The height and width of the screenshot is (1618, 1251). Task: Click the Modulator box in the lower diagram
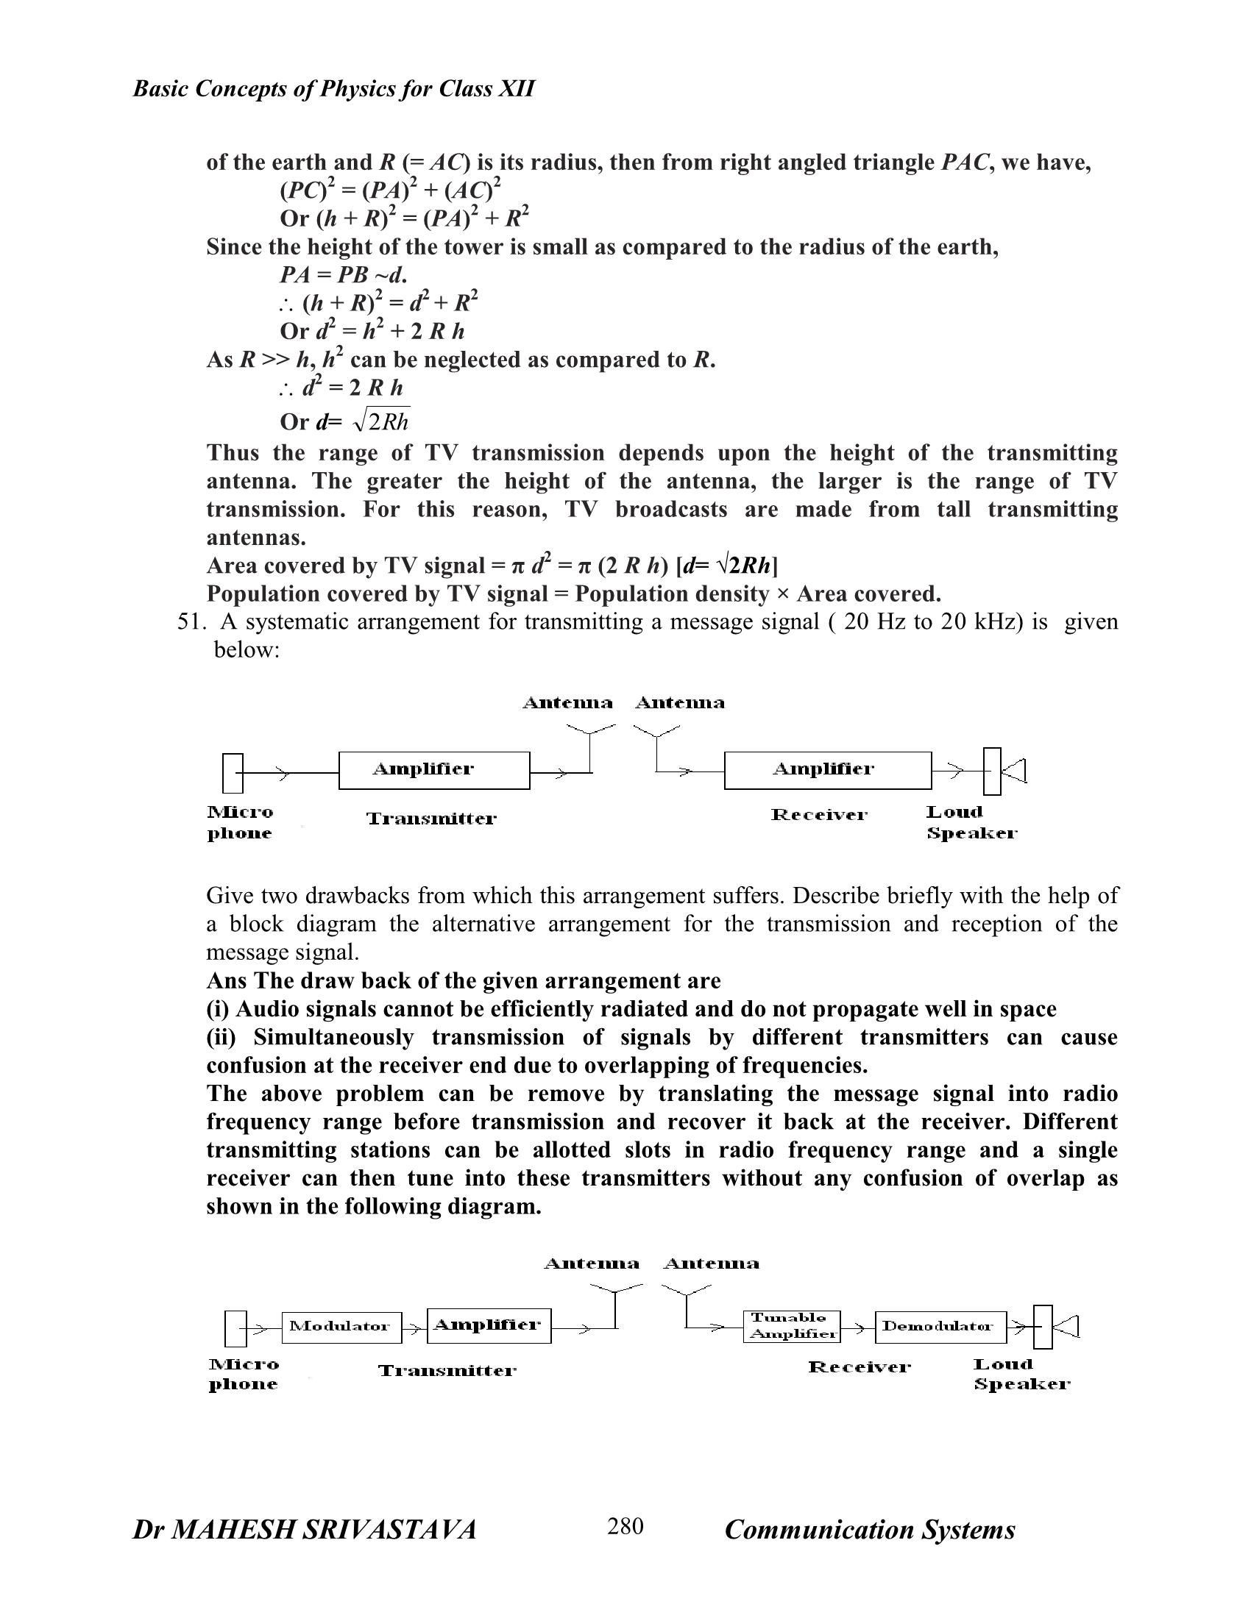341,1327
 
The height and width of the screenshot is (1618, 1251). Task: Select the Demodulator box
940,1327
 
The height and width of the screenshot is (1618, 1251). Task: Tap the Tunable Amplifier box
792,1326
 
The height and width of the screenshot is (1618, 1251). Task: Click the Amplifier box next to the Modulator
489,1325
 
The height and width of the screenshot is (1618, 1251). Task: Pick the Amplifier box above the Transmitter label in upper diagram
433,771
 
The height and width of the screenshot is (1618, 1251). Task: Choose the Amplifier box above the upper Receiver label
827,771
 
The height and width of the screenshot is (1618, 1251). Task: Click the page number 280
625,1527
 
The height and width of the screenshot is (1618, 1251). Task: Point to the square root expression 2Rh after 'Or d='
383,421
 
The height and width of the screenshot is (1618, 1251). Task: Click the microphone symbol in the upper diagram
232,773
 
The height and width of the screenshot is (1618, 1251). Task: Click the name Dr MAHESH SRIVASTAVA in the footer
304,1530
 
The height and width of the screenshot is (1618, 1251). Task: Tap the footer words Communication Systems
869,1530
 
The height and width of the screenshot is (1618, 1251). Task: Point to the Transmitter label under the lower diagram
447,1372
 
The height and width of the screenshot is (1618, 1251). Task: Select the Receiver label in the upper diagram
819,815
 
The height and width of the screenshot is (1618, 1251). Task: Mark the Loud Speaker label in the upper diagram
971,822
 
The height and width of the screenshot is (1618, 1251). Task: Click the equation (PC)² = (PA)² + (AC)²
391,190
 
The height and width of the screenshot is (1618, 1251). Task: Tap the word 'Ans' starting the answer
227,981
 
